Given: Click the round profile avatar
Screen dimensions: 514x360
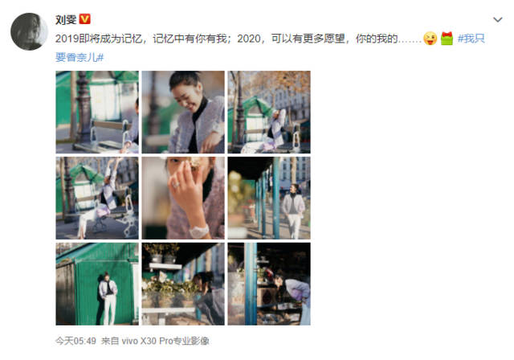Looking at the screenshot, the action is click(x=29, y=31).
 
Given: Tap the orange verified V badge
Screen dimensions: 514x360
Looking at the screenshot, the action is click(x=85, y=19).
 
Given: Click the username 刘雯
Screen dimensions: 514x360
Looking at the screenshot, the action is click(x=66, y=19).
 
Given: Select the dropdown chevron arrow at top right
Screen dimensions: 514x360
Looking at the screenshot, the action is click(x=498, y=19).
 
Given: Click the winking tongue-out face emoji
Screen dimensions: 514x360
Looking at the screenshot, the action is click(x=430, y=39).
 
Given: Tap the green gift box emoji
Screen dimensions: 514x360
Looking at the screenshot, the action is click(x=447, y=39).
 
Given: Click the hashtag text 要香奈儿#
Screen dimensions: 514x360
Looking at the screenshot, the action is click(x=80, y=57).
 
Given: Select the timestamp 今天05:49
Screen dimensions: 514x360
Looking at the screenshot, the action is click(x=75, y=341).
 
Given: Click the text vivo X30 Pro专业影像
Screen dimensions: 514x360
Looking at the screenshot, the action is click(x=165, y=341).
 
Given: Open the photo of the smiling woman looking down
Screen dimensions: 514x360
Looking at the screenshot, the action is click(x=183, y=112).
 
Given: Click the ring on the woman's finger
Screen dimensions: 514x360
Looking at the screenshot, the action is click(x=176, y=185).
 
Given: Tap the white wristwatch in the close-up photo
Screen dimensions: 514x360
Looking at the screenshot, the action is click(x=199, y=231).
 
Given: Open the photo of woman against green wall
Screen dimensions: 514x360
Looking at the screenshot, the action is click(x=97, y=284).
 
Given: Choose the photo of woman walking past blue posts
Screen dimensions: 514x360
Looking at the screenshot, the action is click(x=269, y=198).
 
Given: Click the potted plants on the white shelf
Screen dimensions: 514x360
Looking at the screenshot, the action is click(x=162, y=255).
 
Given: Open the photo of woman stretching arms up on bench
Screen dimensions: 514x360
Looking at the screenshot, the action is click(x=97, y=198).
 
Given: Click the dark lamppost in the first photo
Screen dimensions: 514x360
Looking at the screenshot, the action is click(x=83, y=108).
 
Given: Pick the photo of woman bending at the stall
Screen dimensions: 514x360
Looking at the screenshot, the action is click(x=269, y=284).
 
